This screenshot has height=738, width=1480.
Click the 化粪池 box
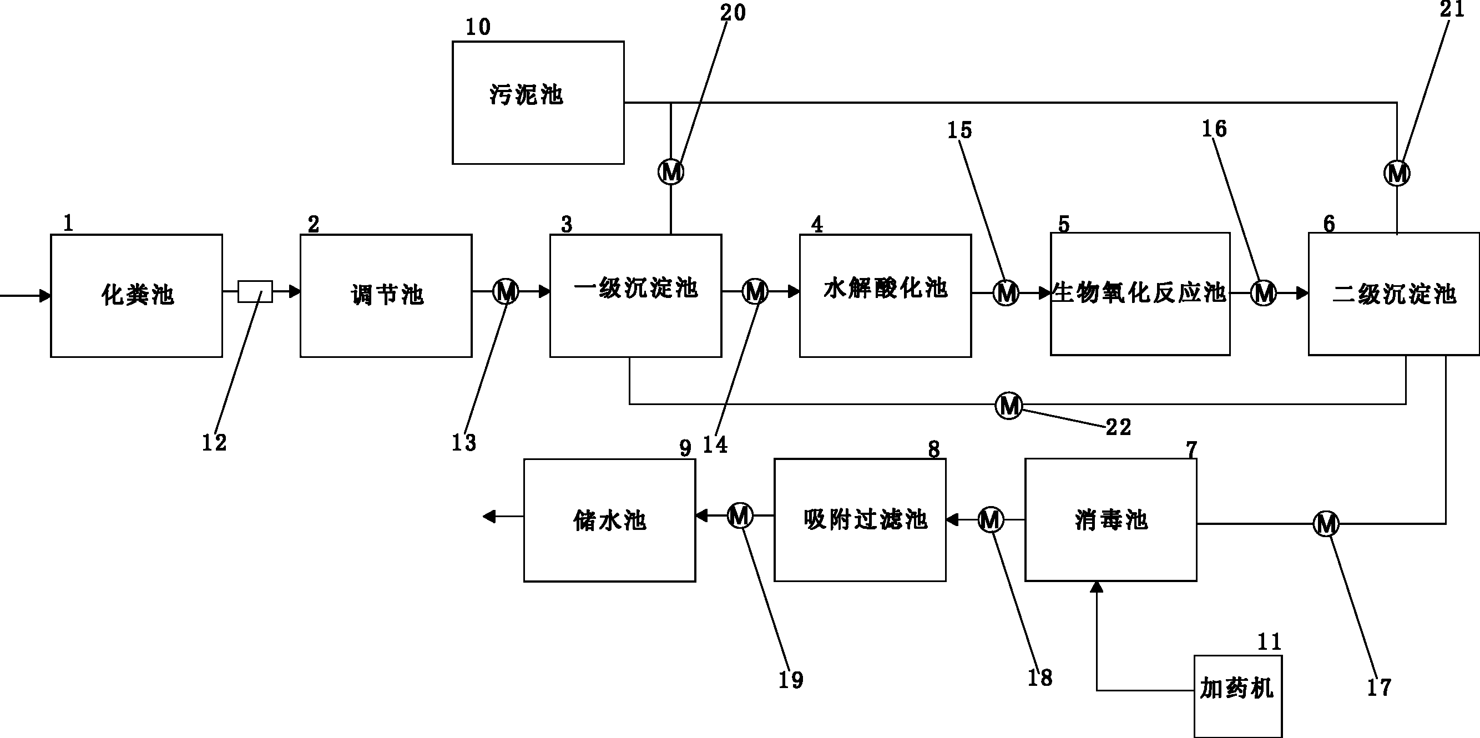click(137, 296)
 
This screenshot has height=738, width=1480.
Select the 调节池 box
click(386, 296)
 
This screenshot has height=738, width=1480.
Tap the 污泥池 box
click(538, 102)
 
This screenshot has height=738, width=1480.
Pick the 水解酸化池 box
click(885, 296)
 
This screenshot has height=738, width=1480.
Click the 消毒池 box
click(1110, 520)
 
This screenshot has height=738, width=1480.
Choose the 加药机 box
click(1237, 695)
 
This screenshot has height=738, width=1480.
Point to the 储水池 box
click(609, 520)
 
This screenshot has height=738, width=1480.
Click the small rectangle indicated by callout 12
click(255, 292)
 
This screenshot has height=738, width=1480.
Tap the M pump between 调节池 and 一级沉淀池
click(506, 292)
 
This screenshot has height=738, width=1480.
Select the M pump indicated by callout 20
click(670, 171)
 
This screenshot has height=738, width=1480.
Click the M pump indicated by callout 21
click(1397, 173)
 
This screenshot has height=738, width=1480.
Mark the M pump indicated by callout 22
click(1008, 406)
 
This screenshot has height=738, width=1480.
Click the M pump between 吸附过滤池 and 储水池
click(740, 515)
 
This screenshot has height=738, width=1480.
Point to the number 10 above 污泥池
click(478, 27)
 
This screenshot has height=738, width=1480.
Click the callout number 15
click(959, 130)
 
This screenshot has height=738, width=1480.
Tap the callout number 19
click(791, 680)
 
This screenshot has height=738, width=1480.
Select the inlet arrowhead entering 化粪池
click(45, 296)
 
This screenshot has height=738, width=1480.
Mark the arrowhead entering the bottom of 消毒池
click(1097, 587)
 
